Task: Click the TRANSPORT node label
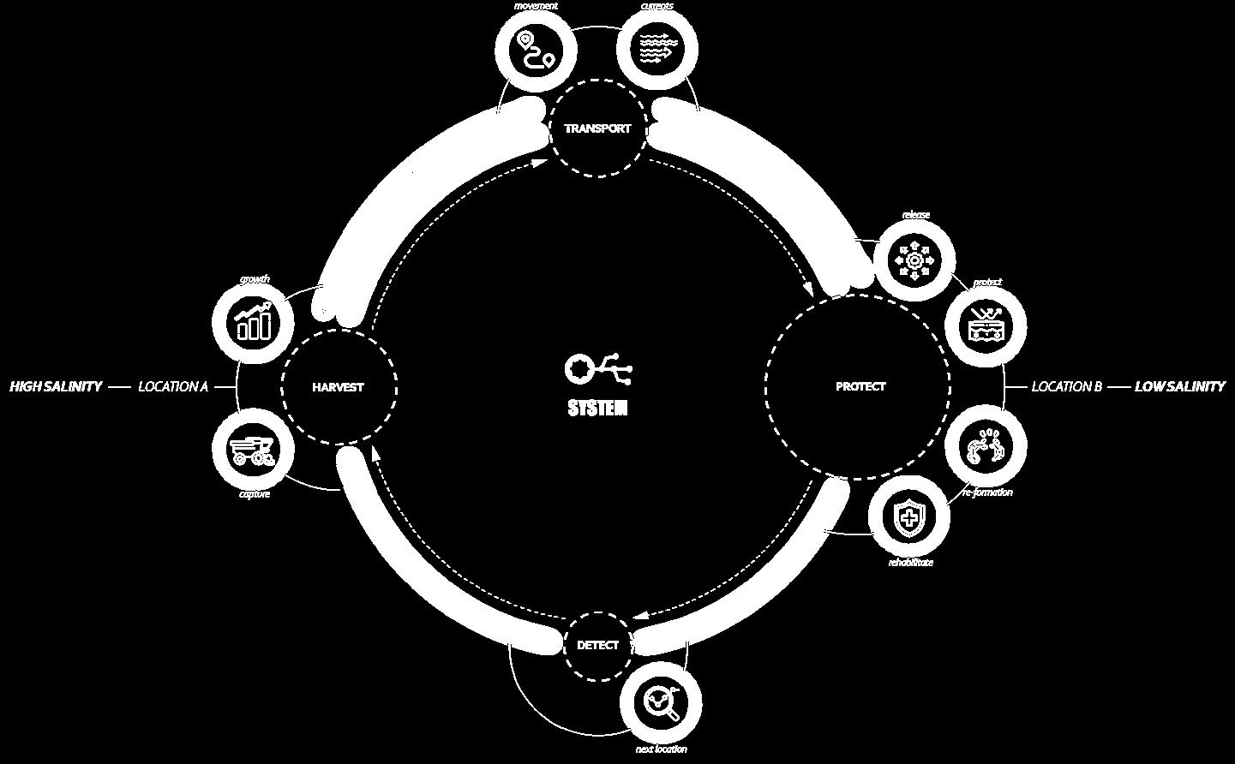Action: click(x=597, y=128)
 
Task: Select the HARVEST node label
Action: click(x=338, y=387)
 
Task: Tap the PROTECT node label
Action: click(x=860, y=386)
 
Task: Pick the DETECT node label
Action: click(x=597, y=645)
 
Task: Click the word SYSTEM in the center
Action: click(x=597, y=409)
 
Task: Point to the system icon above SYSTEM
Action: click(x=597, y=369)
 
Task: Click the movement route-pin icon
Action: click(x=537, y=49)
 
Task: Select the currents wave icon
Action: click(x=657, y=49)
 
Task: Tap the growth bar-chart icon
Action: click(x=253, y=320)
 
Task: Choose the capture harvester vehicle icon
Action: click(x=253, y=451)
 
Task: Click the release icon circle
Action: click(x=914, y=259)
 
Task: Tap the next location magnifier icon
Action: click(x=661, y=702)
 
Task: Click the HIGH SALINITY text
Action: click(x=56, y=387)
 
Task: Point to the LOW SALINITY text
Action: click(x=1179, y=387)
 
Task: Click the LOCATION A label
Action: click(x=173, y=387)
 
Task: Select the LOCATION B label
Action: click(x=1066, y=387)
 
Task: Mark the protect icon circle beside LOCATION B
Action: click(x=985, y=327)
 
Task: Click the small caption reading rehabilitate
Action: click(x=910, y=563)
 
